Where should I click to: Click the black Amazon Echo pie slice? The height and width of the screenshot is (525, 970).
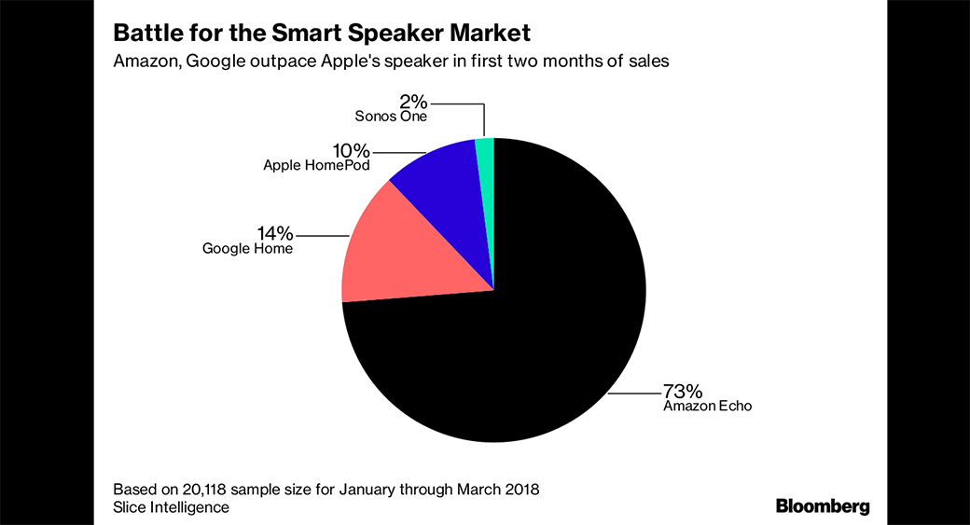(x=522, y=345)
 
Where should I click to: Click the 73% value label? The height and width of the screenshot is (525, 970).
(x=683, y=390)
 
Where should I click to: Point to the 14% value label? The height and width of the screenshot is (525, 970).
(x=275, y=232)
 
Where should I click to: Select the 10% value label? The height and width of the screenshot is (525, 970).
(x=351, y=150)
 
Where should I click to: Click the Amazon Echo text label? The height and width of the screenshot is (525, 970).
(x=707, y=407)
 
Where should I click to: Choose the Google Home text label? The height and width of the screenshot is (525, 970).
(x=247, y=249)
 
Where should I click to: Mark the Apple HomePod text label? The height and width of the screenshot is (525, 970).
(x=316, y=166)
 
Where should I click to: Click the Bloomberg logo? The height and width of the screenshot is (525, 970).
(x=823, y=506)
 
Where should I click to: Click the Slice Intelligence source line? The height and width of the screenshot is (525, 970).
(x=171, y=507)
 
